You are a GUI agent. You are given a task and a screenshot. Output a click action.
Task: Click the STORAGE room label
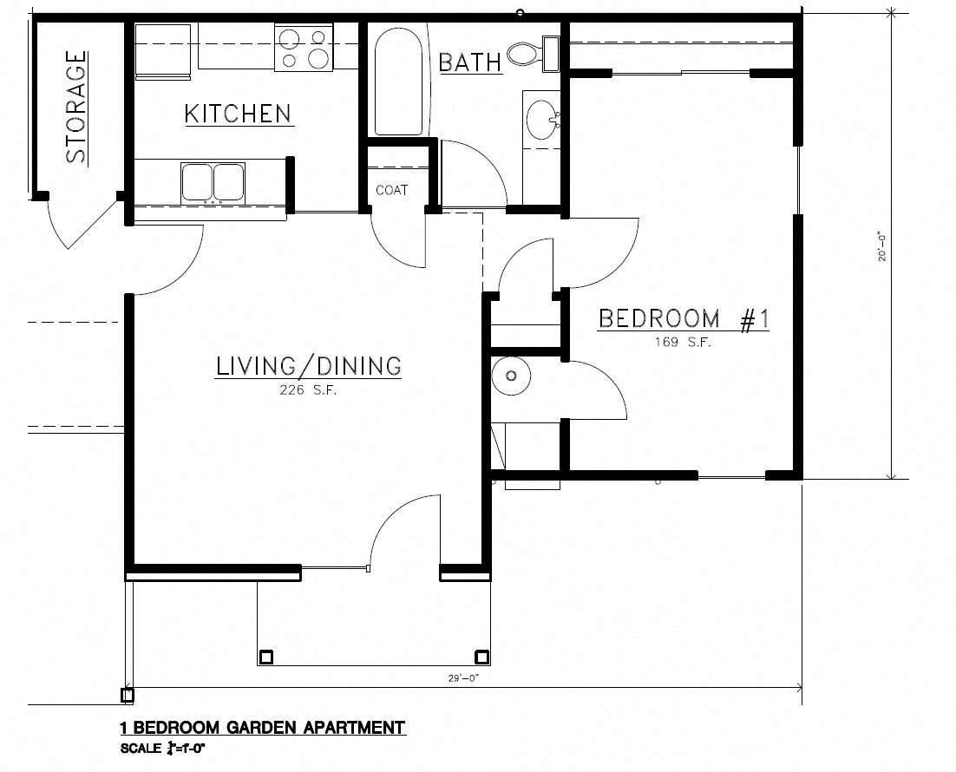(76, 108)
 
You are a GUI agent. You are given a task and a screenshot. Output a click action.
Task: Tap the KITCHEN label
(237, 114)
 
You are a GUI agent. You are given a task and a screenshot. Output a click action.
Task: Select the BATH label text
(469, 62)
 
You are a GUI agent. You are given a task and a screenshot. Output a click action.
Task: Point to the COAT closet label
(391, 190)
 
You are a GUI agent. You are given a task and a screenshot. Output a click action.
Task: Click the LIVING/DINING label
(308, 366)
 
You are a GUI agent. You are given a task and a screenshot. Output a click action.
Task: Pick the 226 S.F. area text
(307, 391)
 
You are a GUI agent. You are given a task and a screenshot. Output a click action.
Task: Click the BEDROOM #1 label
(684, 319)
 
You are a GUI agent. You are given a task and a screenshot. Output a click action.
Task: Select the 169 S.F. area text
(684, 343)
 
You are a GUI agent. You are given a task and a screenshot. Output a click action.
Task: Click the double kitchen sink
(213, 182)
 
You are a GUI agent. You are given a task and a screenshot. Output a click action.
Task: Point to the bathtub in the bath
(401, 80)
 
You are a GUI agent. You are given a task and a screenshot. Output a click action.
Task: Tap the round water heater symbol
(510, 376)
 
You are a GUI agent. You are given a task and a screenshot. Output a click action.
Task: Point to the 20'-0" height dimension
(883, 245)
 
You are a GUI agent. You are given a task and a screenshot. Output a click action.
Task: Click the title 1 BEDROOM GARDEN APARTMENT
(261, 727)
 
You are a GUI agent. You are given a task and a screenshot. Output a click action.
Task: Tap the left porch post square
(266, 657)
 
